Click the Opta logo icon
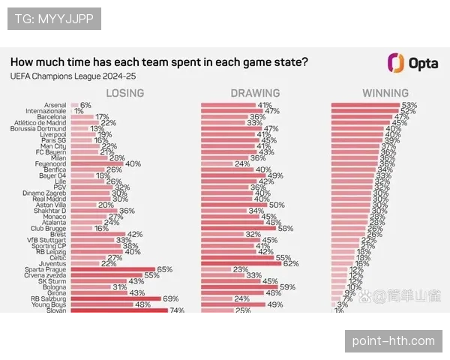tap(395, 63)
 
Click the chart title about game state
tap(158, 62)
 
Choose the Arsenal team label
tap(55, 105)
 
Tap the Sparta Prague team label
tap(49, 269)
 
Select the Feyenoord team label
tap(52, 163)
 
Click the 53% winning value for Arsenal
tap(409, 105)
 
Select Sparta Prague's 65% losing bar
tap(112, 269)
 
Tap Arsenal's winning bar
tap(379, 105)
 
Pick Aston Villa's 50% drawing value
tap(276, 204)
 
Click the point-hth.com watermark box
tap(393, 341)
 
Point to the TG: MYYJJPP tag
tap(54, 18)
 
